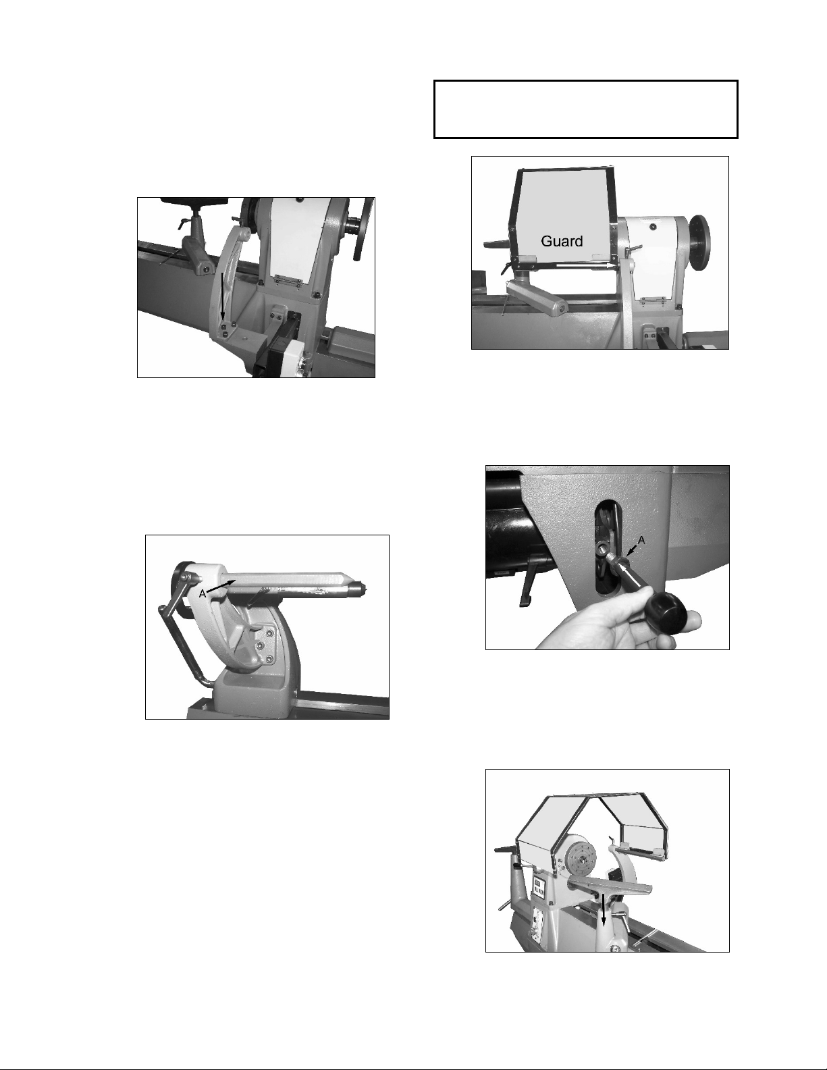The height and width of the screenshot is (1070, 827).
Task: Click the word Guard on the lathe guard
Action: [x=562, y=241]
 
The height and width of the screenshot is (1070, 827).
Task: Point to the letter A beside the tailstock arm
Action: [x=203, y=594]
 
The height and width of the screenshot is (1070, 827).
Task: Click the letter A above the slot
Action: [x=641, y=541]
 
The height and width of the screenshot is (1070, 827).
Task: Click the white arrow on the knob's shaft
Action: [x=630, y=574]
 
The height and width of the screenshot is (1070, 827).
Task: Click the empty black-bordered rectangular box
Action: [x=586, y=109]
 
